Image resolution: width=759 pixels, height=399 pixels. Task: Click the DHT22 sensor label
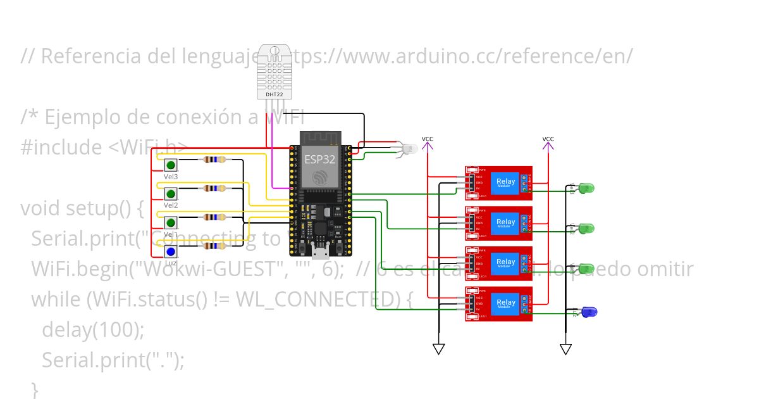[x=275, y=95]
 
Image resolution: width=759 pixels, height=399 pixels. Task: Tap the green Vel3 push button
[x=171, y=165]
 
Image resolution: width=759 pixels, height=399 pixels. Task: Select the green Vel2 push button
[x=171, y=193]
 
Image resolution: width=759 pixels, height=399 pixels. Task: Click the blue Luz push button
[x=171, y=251]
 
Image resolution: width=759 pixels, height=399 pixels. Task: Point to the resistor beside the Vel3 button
[x=212, y=160]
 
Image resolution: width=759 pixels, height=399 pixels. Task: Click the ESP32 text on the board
[x=320, y=158]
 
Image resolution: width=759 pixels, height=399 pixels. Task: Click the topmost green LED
[x=586, y=188]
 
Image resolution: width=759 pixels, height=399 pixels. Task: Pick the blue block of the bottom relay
[x=505, y=303]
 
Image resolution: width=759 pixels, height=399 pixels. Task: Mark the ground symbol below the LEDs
[x=565, y=349]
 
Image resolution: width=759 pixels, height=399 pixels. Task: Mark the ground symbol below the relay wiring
[x=438, y=349]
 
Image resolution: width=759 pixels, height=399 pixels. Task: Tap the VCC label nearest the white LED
[x=428, y=139]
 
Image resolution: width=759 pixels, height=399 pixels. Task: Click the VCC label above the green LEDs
[x=548, y=139]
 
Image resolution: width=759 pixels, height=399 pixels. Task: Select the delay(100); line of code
[x=93, y=329]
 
